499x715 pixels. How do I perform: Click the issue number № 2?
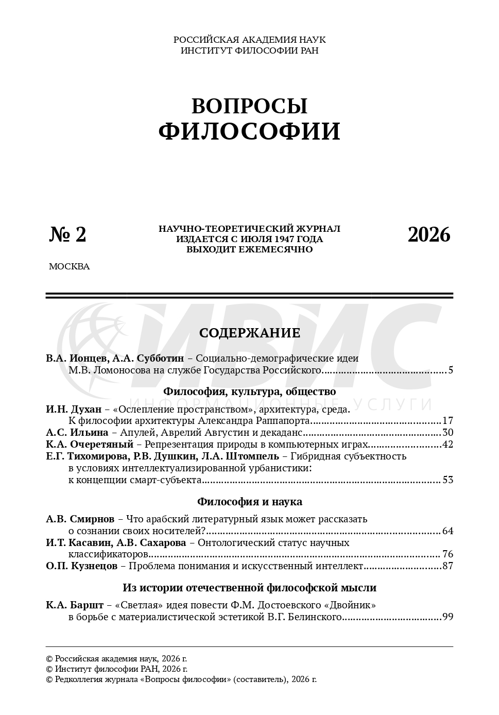(68, 234)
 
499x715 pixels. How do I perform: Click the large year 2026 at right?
(428, 235)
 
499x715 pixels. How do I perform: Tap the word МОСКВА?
(69, 267)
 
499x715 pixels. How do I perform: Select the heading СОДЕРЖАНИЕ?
(249, 333)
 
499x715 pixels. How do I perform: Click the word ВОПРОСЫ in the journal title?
(249, 106)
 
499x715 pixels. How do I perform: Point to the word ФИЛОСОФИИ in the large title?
(249, 131)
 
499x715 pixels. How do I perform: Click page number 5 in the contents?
(450, 370)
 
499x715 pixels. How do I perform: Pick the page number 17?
(448, 421)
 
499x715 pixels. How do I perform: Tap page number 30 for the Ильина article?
(448, 433)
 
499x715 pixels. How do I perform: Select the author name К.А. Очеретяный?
(90, 444)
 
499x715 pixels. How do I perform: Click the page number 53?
(448, 480)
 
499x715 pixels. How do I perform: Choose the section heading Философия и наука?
(249, 502)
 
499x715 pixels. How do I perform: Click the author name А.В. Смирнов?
(80, 519)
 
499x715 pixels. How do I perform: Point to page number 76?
(448, 555)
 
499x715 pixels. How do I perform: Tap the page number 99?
(448, 617)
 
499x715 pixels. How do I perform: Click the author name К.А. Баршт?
(75, 605)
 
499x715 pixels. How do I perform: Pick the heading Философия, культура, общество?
(249, 391)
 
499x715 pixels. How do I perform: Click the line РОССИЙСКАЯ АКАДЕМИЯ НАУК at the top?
(249, 40)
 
